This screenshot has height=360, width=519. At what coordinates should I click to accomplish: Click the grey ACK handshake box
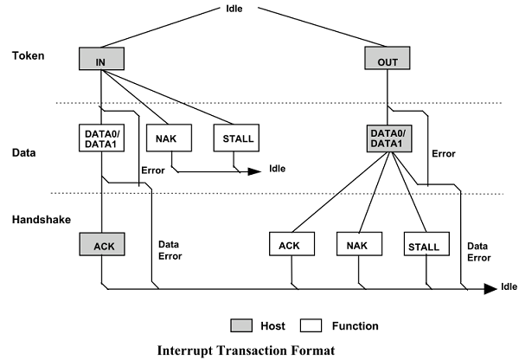click(x=101, y=246)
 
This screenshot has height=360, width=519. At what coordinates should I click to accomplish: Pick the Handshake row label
click(x=39, y=222)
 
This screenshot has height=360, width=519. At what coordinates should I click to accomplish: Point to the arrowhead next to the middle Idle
click(x=255, y=171)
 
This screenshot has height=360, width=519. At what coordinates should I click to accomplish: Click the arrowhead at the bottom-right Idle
click(x=489, y=286)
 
